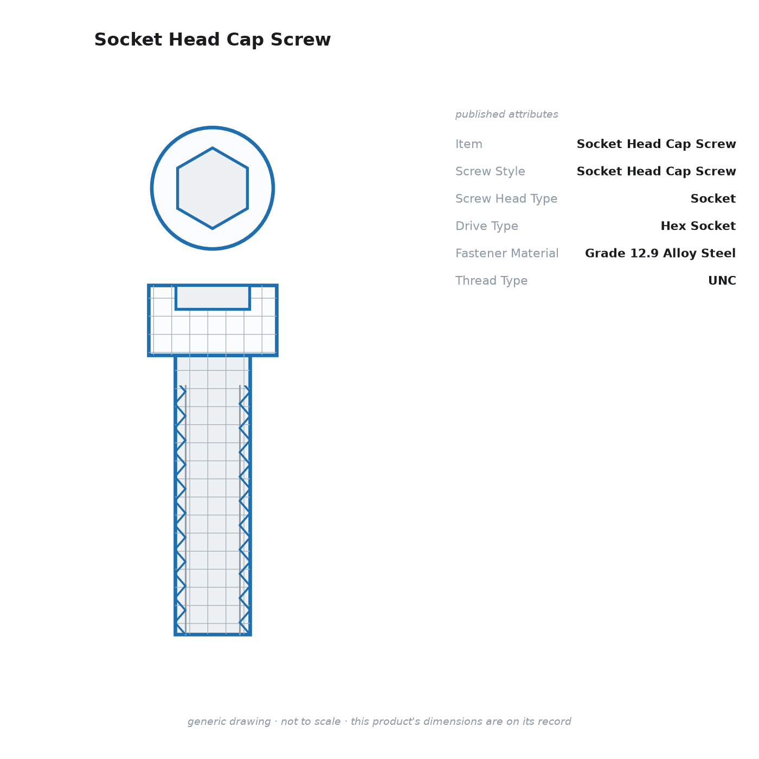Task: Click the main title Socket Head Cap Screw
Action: (x=213, y=40)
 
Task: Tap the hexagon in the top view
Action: (x=213, y=188)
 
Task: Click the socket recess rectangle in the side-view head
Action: (x=213, y=298)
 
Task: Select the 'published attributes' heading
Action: (x=506, y=114)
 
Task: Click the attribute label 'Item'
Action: (x=469, y=144)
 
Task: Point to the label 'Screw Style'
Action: (x=490, y=171)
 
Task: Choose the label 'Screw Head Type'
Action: (x=506, y=198)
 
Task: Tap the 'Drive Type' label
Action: (x=486, y=226)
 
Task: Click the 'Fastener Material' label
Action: (x=507, y=253)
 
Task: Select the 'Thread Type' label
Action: (x=491, y=280)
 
